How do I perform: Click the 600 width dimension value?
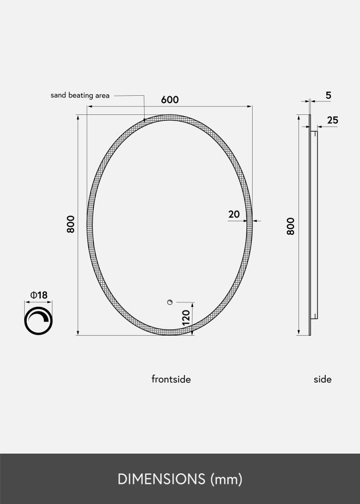pos(170,99)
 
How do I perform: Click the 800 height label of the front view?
pos(71,224)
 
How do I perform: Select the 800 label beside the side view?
pos(290,226)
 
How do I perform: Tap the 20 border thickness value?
pos(234,214)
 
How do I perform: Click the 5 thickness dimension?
pos(328,95)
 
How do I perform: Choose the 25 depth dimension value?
pos(332,120)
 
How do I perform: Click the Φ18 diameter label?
pos(39,295)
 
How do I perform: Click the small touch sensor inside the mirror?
pos(170,302)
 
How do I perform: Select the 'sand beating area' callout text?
pos(80,95)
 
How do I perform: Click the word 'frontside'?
pos(171,379)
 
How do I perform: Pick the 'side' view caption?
pos(323,379)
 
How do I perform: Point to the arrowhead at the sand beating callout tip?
pos(145,120)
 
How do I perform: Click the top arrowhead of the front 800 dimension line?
pos(78,117)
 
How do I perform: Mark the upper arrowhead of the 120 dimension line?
pos(192,305)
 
